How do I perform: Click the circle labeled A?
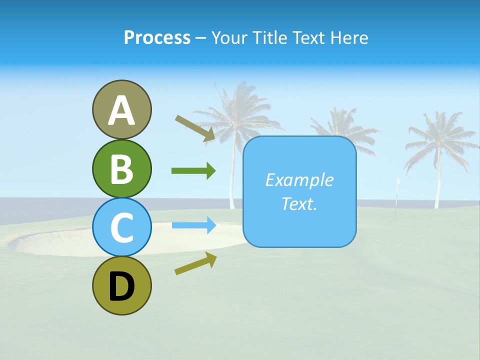click(121, 109)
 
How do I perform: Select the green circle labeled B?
click(121, 169)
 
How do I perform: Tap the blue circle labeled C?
click(121, 227)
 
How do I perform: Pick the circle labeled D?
click(121, 285)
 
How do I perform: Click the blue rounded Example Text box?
click(299, 191)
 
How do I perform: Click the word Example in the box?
click(299, 180)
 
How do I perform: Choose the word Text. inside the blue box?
click(299, 203)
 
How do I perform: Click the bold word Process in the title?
click(157, 37)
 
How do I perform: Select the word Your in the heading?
click(229, 37)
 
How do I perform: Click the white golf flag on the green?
click(399, 182)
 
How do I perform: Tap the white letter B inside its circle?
click(121, 169)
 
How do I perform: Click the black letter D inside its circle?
click(121, 286)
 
